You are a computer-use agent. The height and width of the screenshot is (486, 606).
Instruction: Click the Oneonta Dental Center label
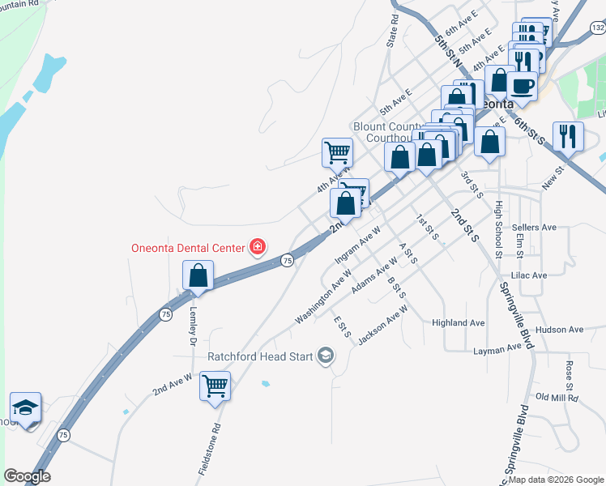coord(190,248)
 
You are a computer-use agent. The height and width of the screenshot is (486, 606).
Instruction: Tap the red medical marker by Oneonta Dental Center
coord(258,246)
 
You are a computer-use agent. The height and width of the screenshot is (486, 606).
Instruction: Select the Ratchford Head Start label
coord(260,356)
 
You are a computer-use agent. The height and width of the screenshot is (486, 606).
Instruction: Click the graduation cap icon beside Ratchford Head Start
coord(326,356)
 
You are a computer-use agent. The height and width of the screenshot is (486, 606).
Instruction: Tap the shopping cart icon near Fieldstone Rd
coord(216,386)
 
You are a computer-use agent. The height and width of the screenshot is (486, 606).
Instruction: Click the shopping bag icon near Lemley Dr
coord(198,275)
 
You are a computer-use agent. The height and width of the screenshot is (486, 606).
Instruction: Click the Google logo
coord(27,476)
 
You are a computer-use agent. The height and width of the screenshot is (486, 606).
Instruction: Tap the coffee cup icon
coord(522,86)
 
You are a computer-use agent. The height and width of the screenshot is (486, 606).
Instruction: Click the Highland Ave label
coord(459,322)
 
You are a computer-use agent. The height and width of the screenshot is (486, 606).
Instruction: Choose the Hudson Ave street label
coord(560,330)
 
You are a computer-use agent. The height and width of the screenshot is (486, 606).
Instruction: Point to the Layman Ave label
coord(497,348)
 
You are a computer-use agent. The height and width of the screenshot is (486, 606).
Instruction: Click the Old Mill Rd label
coord(554,397)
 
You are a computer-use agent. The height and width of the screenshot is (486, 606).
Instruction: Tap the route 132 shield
coord(598,28)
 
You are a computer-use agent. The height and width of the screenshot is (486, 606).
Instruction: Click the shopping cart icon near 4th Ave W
coord(337,151)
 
